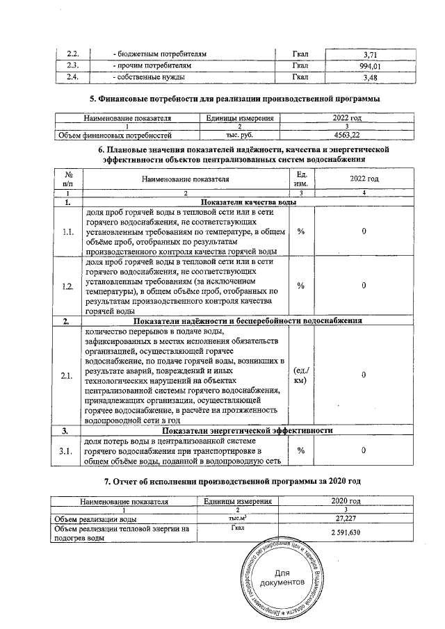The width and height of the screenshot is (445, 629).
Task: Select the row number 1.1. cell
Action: tap(68, 231)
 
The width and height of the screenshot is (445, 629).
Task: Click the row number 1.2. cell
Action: tap(68, 286)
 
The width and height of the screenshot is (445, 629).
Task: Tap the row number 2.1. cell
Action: tap(68, 375)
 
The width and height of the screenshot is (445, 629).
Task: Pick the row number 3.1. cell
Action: tap(68, 450)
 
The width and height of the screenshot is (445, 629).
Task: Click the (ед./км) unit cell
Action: tap(302, 375)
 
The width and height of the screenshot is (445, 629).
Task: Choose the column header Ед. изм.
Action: tap(302, 178)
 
